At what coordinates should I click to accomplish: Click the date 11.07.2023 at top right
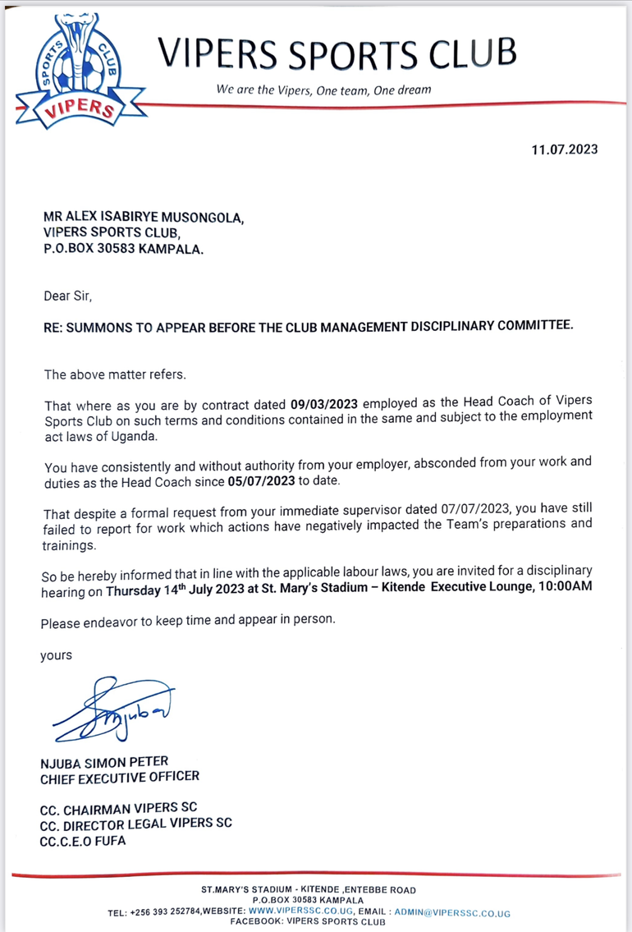coord(565,149)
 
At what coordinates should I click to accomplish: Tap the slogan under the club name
coord(323,90)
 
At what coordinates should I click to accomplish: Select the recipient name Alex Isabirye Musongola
coord(144,218)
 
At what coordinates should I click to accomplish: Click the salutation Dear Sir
coord(62,294)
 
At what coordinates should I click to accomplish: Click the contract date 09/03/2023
coord(325,404)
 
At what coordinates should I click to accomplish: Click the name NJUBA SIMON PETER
coord(104,762)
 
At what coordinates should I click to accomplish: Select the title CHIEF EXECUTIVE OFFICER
coord(120,777)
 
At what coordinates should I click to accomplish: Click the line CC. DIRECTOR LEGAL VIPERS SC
coord(136,824)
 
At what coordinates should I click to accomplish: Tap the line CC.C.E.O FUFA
coord(83,841)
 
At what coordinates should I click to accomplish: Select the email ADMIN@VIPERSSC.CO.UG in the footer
coord(452,912)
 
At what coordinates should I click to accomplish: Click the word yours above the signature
coord(56,655)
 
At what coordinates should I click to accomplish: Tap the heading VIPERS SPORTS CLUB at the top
coord(337,53)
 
